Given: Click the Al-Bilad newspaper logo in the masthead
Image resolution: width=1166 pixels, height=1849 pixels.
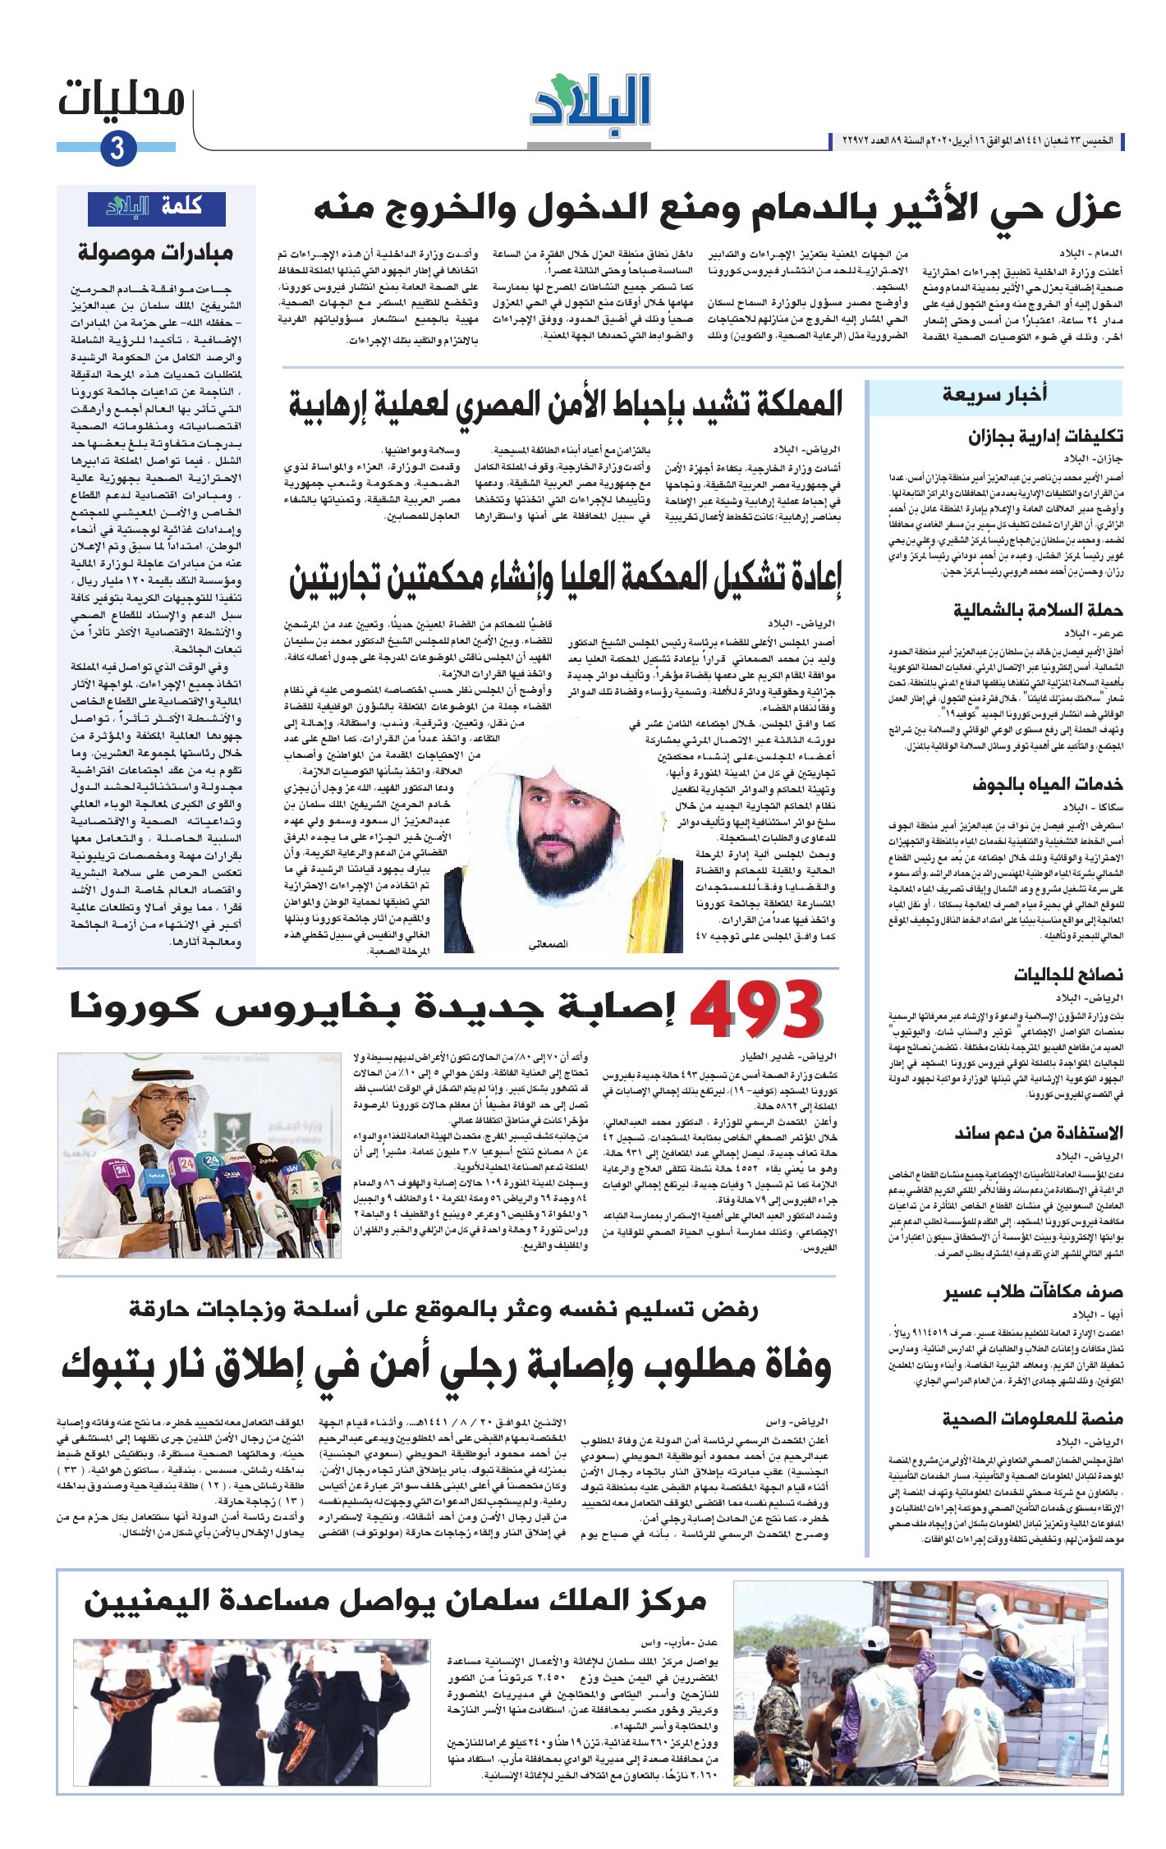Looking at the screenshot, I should [x=590, y=106].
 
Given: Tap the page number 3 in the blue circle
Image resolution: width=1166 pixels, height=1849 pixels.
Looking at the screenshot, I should [x=117, y=149].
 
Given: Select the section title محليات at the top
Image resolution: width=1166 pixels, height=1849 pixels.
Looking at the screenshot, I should [x=122, y=101].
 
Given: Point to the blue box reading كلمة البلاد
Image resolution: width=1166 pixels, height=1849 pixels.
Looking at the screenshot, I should [x=157, y=207].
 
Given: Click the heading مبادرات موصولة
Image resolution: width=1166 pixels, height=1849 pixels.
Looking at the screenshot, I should [x=156, y=253].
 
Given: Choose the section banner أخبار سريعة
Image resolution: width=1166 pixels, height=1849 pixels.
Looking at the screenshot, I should [x=994, y=395].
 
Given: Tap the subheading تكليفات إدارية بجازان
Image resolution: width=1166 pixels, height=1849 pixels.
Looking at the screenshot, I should [x=1045, y=436].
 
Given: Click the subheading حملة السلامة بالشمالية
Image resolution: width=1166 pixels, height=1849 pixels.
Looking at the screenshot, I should [x=1038, y=610].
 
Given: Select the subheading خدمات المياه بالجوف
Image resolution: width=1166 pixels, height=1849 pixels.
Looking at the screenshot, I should [x=1047, y=784].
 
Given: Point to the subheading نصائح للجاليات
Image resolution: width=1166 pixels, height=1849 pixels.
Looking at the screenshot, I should [x=1067, y=975].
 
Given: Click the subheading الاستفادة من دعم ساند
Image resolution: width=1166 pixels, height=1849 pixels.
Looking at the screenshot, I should [x=1038, y=1134].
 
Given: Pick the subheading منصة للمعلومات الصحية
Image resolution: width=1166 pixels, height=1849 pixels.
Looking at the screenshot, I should [x=1032, y=1419].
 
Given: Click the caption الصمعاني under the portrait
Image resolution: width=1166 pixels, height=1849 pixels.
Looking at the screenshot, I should [x=549, y=945].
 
